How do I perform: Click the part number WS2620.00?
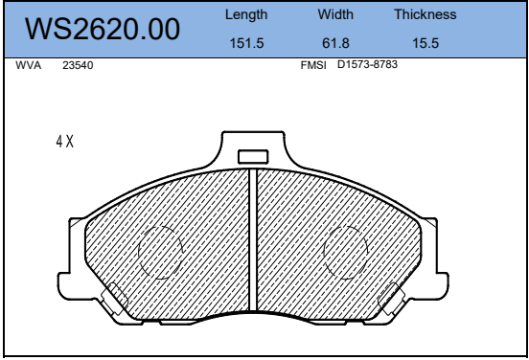tap(103, 30)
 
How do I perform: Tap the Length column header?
tap(246, 14)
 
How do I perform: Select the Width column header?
tap(335, 14)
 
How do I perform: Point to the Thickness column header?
tap(425, 14)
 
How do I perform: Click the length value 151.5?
tap(246, 43)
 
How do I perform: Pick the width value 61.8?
tap(335, 43)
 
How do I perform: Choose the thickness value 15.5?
tap(425, 43)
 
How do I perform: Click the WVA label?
tap(29, 65)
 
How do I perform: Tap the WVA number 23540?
tap(78, 65)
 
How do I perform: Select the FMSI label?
tap(313, 65)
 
